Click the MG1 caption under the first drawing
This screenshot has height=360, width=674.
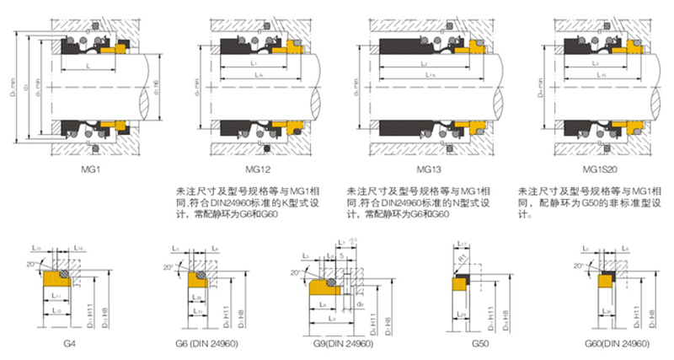90,171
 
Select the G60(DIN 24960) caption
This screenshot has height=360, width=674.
616,345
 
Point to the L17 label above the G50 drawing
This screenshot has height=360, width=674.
463,245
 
